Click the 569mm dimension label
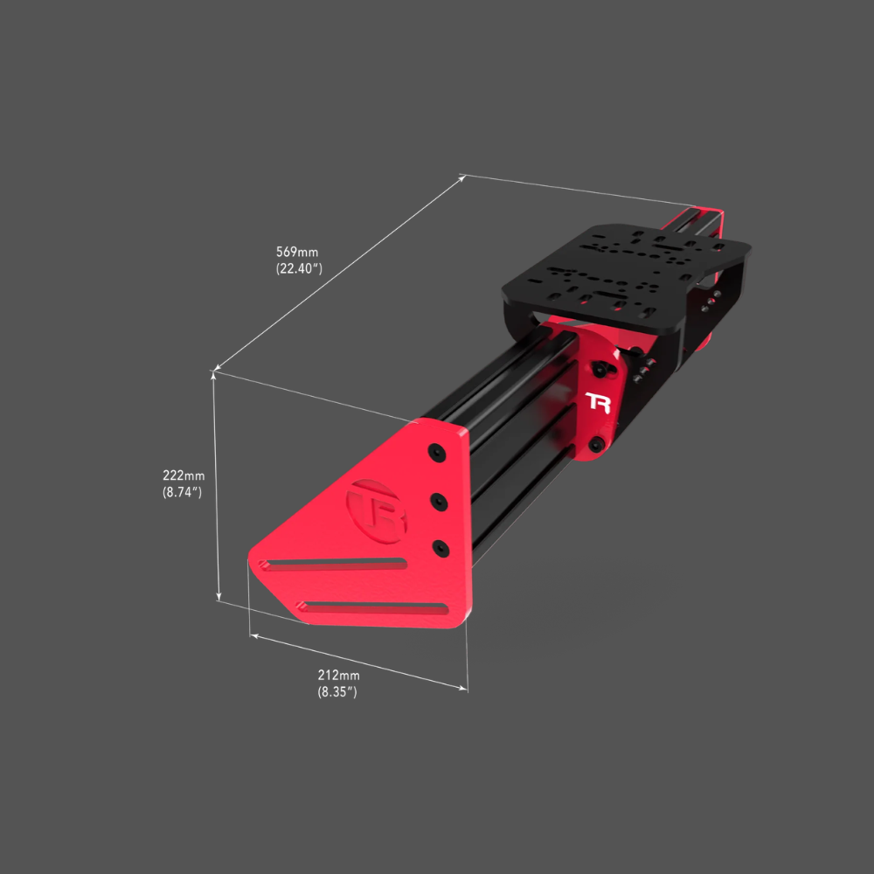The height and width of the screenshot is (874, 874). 297,252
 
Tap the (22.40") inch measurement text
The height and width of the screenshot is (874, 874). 299,268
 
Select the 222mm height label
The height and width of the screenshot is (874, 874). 184,475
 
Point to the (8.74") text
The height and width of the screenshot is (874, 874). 183,492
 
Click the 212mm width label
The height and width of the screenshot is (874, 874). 339,675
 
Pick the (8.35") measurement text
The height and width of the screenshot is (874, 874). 337,691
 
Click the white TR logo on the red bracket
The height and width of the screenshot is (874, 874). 598,402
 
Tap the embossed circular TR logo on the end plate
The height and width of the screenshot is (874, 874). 376,511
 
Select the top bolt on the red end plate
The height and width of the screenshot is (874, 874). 438,452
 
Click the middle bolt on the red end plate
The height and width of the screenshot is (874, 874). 440,502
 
